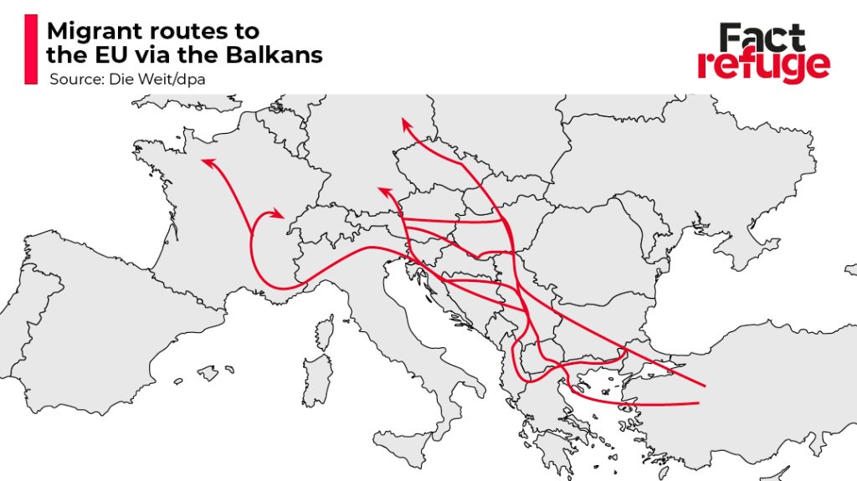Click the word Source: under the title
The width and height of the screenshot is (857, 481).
coord(75,79)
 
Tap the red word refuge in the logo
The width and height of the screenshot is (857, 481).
coord(763,65)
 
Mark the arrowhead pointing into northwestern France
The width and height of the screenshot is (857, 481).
coord(206,161)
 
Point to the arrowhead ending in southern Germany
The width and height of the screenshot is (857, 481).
coord(384,192)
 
